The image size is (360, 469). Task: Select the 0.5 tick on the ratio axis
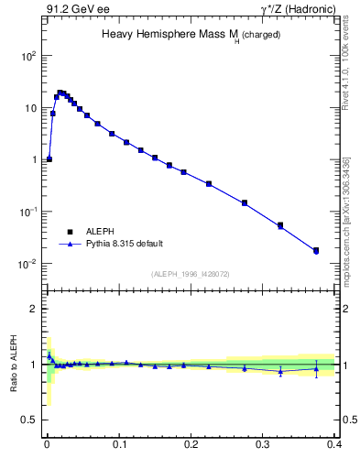coord(29,420)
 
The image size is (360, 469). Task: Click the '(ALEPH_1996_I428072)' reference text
coord(191,274)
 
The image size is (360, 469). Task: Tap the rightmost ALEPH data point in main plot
coord(316,250)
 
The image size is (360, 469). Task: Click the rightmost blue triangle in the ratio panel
coord(316,369)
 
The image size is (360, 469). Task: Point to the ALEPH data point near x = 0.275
coord(245,202)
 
